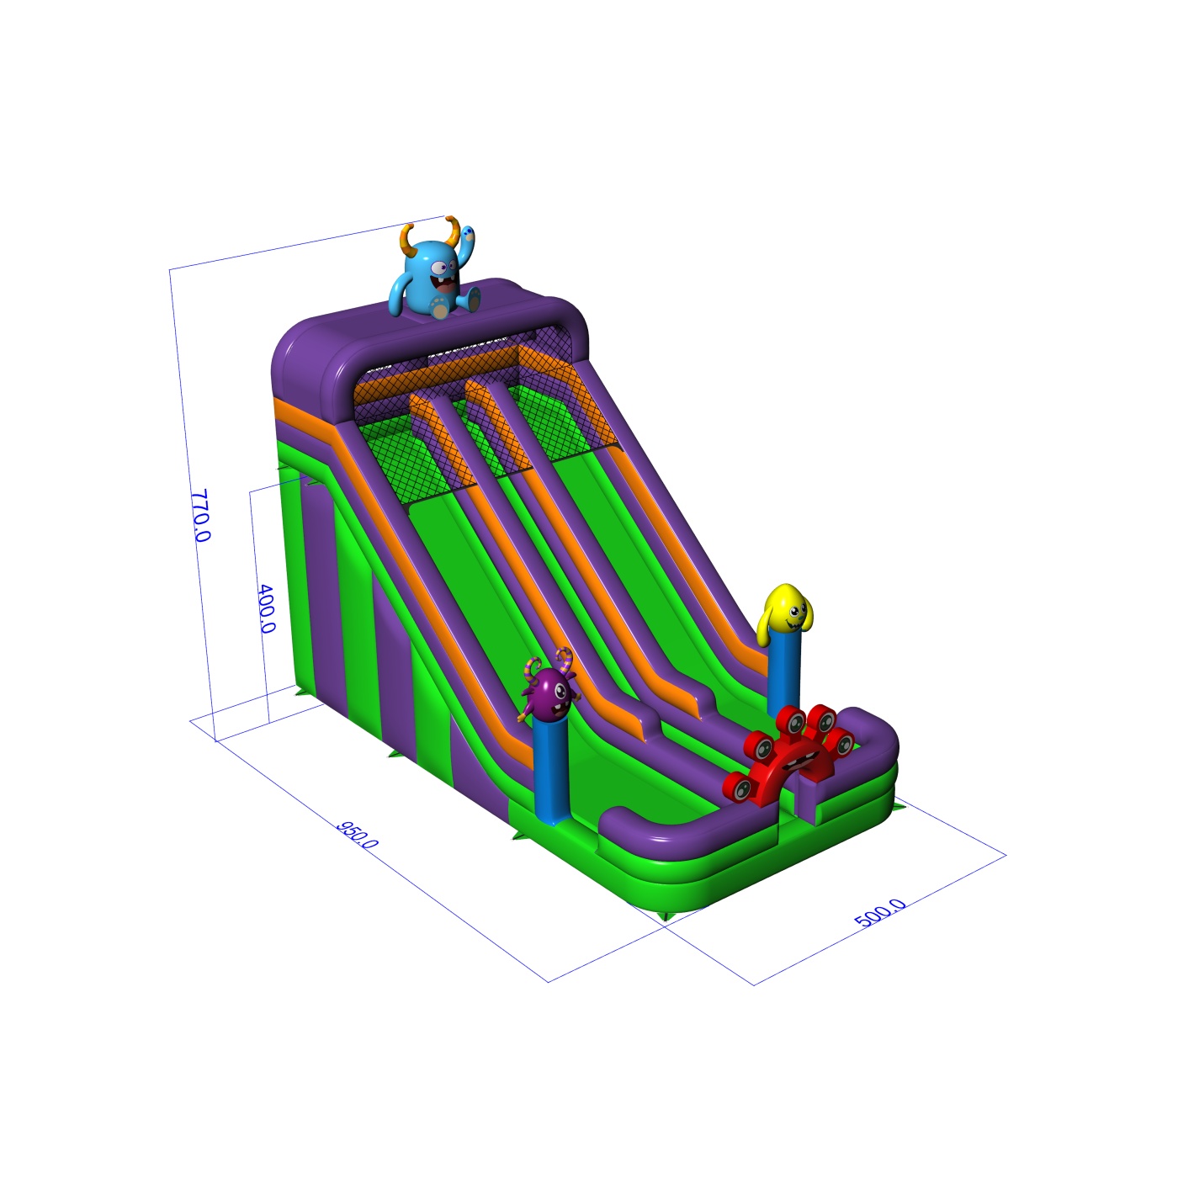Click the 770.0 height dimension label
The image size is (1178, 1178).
tap(200, 515)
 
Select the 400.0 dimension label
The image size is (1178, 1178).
tap(267, 608)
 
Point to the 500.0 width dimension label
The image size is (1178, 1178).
tap(880, 913)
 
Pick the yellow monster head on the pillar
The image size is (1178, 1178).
tap(786, 615)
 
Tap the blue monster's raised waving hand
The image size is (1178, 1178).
tap(466, 235)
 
